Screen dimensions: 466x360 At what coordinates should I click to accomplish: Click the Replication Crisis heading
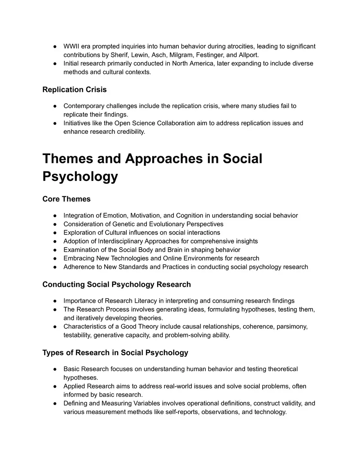click(x=74, y=89)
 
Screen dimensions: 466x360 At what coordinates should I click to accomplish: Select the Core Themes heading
click(x=66, y=199)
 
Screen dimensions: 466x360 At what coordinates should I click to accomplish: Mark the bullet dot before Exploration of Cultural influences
click(x=54, y=233)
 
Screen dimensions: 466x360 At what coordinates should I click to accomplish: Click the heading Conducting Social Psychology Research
click(x=117, y=284)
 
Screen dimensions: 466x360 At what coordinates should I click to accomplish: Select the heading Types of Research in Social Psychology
click(x=115, y=353)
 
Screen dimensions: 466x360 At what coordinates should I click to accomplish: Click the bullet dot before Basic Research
click(x=54, y=369)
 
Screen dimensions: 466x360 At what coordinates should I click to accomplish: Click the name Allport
click(x=247, y=55)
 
